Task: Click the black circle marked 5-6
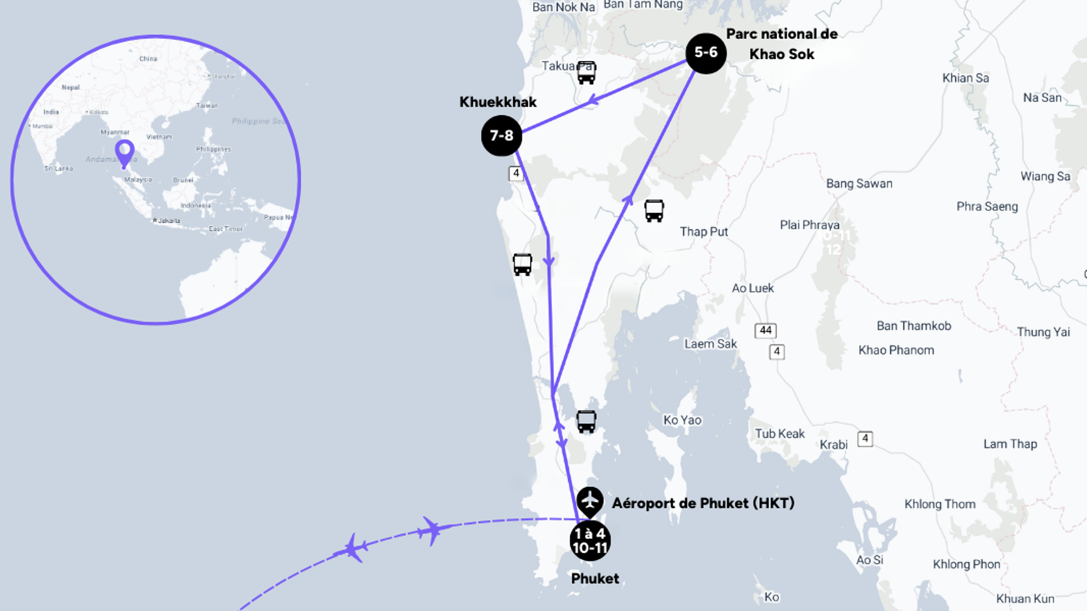click(706, 53)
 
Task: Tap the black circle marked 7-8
click(501, 136)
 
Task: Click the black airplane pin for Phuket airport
click(590, 500)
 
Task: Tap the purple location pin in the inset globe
click(125, 152)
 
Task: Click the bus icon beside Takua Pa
click(586, 72)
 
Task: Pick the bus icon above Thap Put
click(654, 211)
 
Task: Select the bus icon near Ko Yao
click(586, 421)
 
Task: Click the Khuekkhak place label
click(498, 102)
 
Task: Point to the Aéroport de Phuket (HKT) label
click(703, 503)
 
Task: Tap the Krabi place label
click(834, 445)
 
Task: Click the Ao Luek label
click(753, 288)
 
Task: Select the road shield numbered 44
click(765, 330)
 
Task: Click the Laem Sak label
click(710, 344)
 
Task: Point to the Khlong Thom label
click(940, 504)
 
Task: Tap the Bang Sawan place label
click(859, 184)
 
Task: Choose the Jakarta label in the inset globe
click(168, 221)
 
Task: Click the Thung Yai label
click(1043, 332)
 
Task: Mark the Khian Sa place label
click(965, 78)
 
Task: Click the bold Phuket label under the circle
click(595, 579)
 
